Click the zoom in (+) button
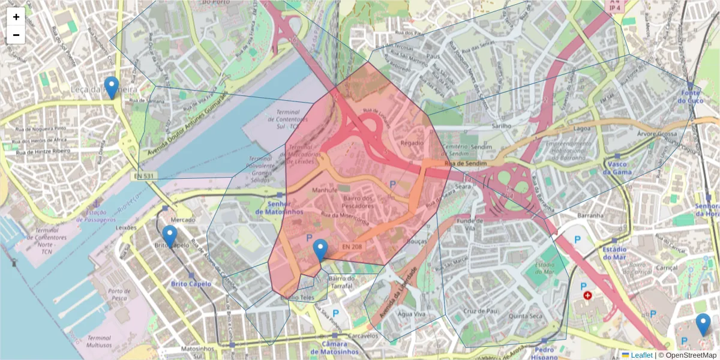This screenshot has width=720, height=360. tap(16, 17)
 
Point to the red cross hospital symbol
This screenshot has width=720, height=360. tap(587, 296)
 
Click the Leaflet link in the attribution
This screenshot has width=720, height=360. tap(641, 355)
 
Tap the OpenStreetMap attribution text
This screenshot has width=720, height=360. tap(687, 355)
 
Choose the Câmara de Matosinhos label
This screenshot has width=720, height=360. tap(335, 348)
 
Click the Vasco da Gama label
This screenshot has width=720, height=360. tap(618, 168)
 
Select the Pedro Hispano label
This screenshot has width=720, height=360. tap(545, 353)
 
